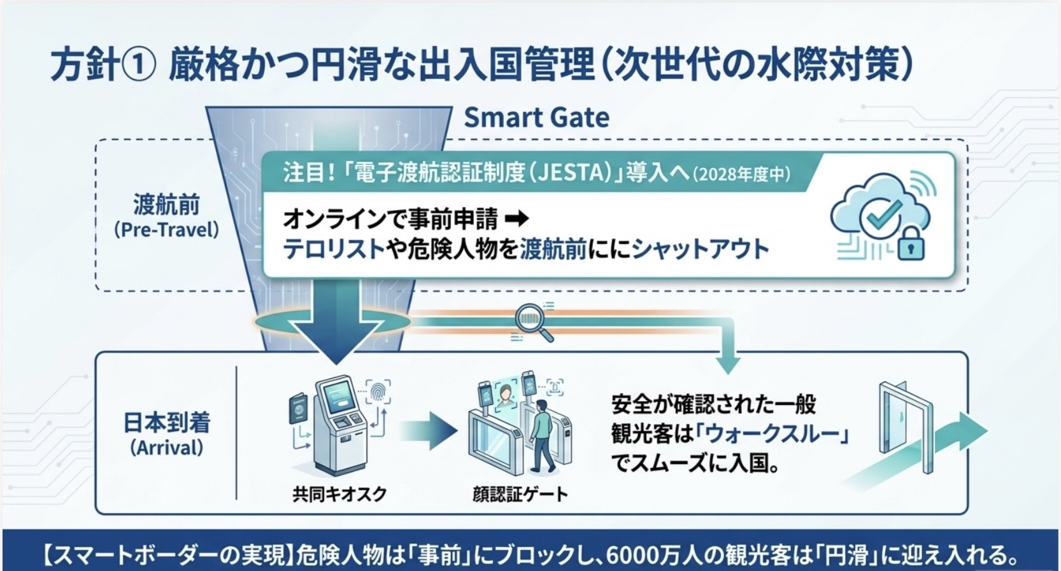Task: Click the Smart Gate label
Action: [536, 117]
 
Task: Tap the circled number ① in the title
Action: [139, 66]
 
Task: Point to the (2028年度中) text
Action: [741, 174]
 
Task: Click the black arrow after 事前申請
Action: [516, 219]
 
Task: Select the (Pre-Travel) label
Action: [167, 230]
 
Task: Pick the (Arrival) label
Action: [167, 448]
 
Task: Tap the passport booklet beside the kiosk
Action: [299, 407]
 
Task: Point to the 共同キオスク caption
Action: [339, 494]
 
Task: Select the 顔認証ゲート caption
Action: [520, 495]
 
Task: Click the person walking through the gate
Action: [541, 435]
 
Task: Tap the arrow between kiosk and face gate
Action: [428, 430]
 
